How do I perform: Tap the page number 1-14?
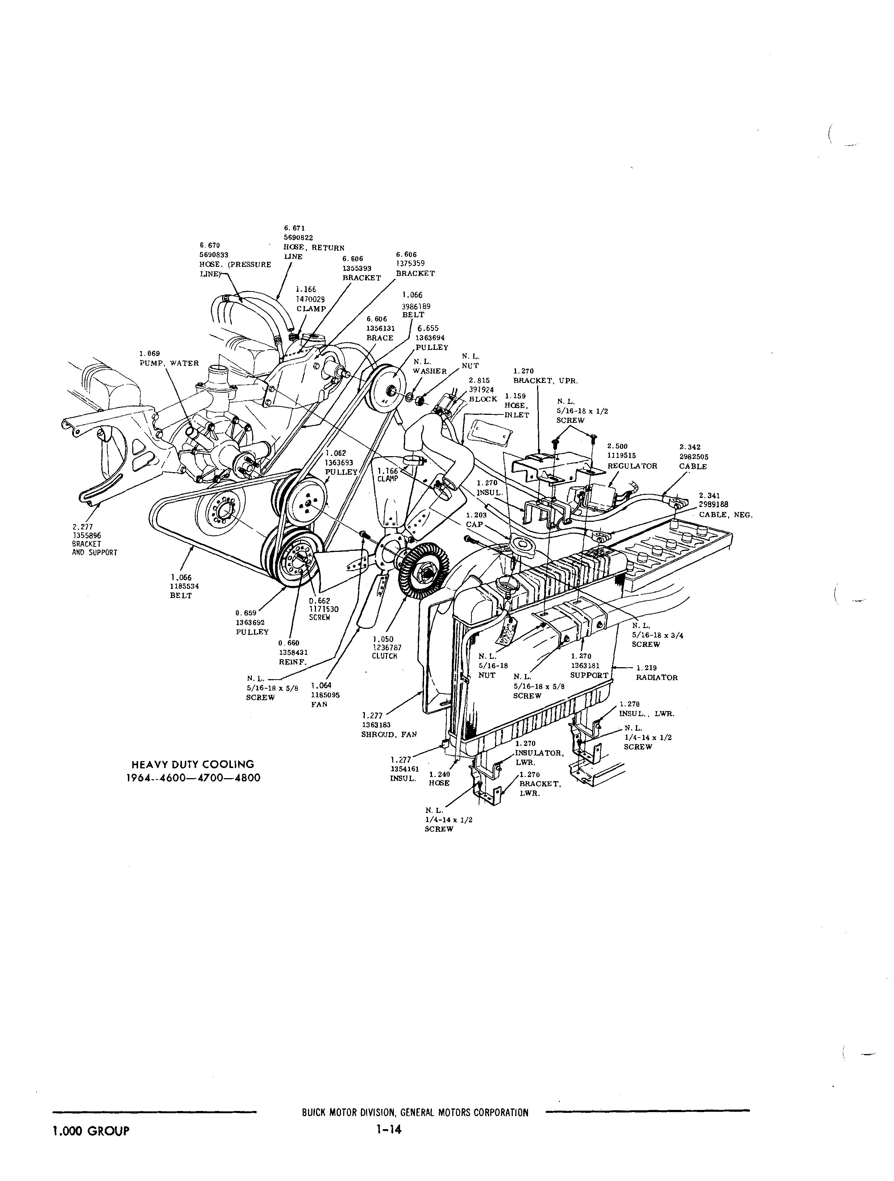pyautogui.click(x=388, y=1128)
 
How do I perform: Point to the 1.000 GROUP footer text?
pyautogui.click(x=90, y=1130)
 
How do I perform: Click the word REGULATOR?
pyautogui.click(x=632, y=466)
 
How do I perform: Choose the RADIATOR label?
pyautogui.click(x=657, y=678)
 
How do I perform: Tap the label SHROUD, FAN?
pyautogui.click(x=389, y=735)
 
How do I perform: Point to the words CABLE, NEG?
pyautogui.click(x=725, y=515)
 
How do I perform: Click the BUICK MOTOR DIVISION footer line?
pyautogui.click(x=415, y=1113)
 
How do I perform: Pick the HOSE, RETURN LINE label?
pyautogui.click(x=314, y=252)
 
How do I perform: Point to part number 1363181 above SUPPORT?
pyautogui.click(x=586, y=666)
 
